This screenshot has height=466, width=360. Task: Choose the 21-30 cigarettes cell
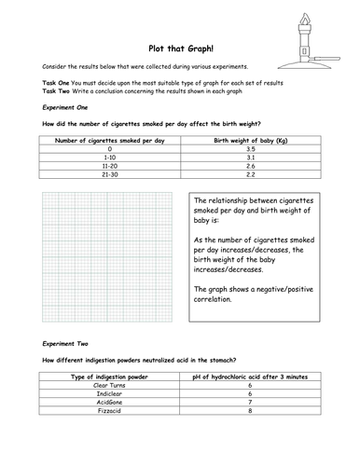tap(109, 176)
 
